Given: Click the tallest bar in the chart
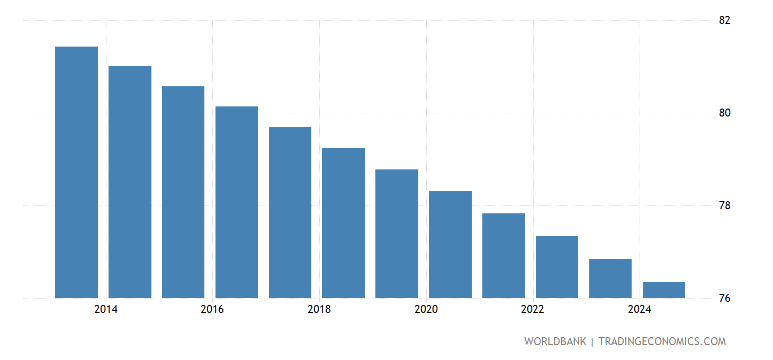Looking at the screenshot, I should pos(76,172).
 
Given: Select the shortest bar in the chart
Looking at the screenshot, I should pos(663,290).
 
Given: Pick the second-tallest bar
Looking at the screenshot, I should pos(130,182).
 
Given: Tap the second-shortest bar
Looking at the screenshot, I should pos(610,278).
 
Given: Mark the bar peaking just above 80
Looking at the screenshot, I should pos(237,202).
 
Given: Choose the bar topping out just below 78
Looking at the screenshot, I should pos(504,256).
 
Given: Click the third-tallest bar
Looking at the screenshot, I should pos(183,192).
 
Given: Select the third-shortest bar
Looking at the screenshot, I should pos(557,267).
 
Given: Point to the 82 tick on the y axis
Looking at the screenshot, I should pos(725,20).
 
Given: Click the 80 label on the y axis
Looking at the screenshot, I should pos(725,113).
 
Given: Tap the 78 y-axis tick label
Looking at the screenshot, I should pos(725,205).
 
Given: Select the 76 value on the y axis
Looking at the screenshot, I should pos(725,298).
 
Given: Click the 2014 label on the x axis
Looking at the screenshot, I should pos(106,310).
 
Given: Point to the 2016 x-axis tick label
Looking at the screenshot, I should pos(212,310).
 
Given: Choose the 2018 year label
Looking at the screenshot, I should pos(319,310).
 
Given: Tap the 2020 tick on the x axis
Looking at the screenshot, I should pos(426,310).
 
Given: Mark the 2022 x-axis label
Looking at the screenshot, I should pos(533,310).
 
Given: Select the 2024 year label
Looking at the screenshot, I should pos(640,310).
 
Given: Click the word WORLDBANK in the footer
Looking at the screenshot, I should pos(555,341).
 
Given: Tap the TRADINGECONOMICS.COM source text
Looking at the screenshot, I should pos(662,341).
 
